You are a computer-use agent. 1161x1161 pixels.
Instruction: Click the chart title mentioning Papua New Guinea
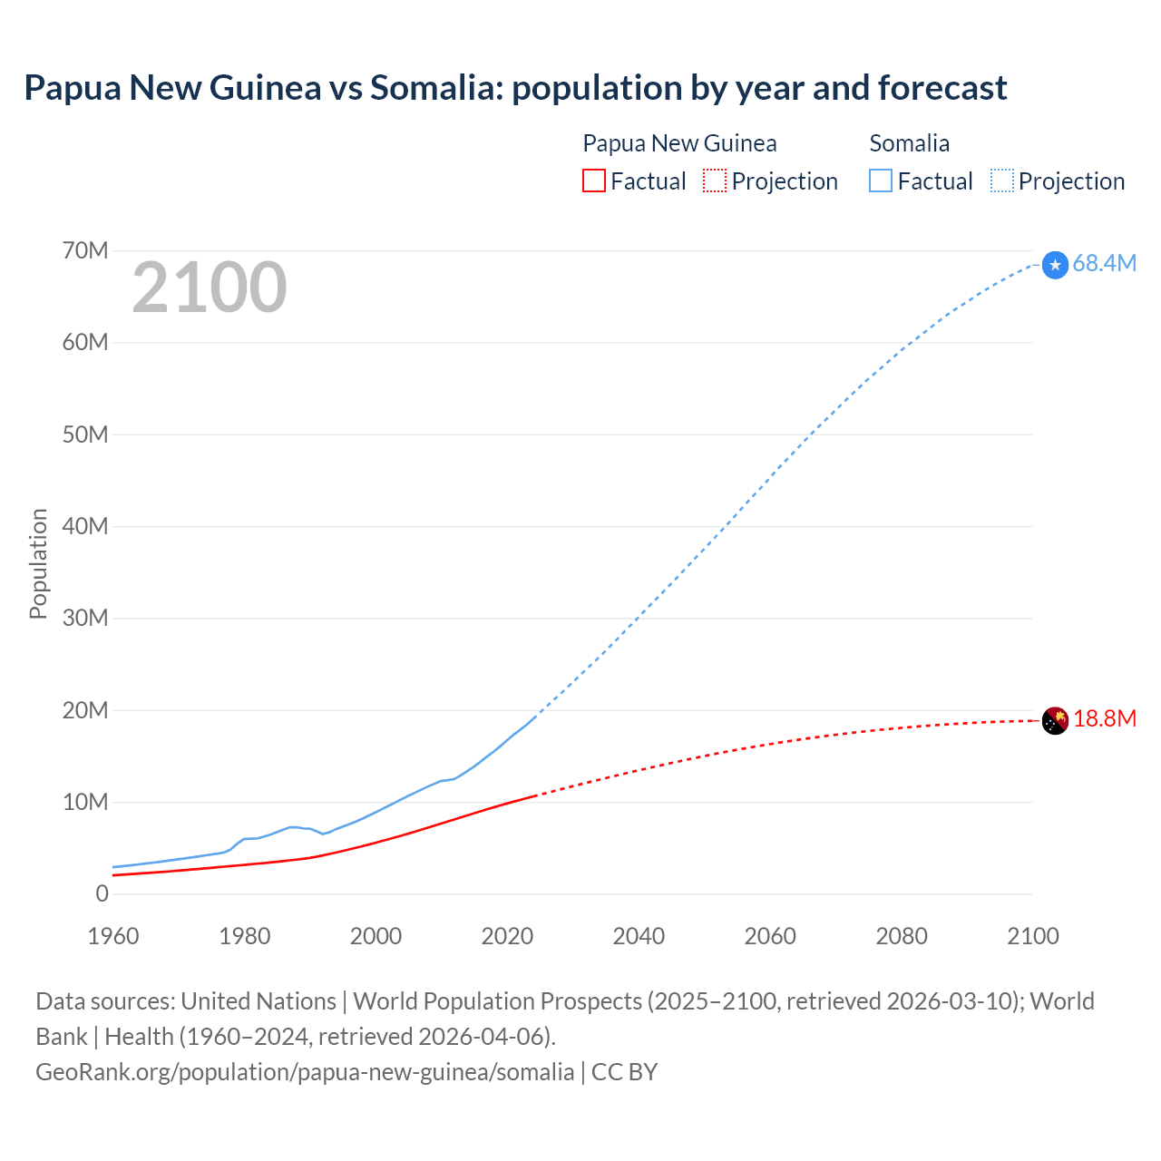click(515, 88)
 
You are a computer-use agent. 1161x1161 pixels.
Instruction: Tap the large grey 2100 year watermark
click(210, 288)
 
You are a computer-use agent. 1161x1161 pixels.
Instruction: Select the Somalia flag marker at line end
click(1055, 265)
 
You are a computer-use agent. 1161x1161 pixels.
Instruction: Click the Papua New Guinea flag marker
click(1055, 720)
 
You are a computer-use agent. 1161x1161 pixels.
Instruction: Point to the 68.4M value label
click(1104, 264)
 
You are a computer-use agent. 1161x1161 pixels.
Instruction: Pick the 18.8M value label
click(1104, 719)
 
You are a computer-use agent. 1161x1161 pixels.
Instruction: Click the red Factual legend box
click(594, 181)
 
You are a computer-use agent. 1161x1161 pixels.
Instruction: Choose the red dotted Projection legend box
click(715, 181)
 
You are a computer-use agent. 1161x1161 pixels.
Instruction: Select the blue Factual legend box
click(881, 181)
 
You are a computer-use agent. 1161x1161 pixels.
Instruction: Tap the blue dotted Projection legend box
click(1002, 181)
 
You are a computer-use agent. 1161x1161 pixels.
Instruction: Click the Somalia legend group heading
click(909, 143)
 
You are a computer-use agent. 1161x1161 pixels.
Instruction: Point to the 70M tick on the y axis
click(85, 251)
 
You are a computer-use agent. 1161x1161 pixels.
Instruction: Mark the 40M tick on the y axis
click(85, 527)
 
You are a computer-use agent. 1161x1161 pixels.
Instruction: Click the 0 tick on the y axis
click(102, 894)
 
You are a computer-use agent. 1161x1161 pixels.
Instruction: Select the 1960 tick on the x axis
click(113, 936)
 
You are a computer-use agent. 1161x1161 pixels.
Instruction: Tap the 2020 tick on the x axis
click(507, 936)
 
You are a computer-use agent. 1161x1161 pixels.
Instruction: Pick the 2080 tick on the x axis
click(902, 936)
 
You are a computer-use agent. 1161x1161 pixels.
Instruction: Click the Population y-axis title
click(38, 563)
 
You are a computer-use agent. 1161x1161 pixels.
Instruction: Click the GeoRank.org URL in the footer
click(305, 1072)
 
